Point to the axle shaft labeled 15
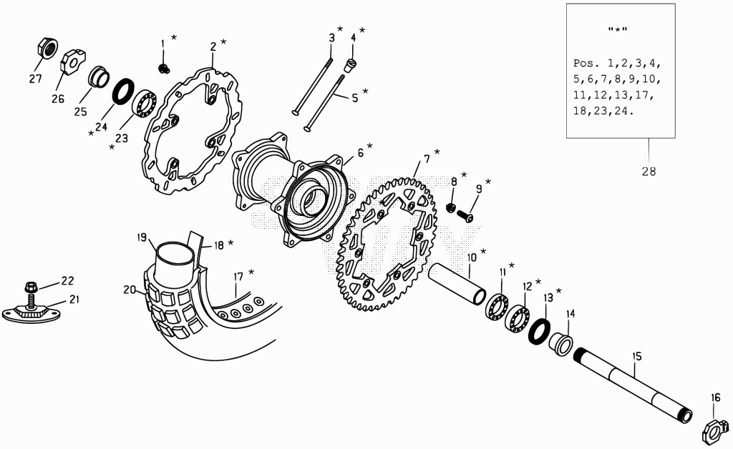(x=633, y=385)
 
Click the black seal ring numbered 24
(x=123, y=92)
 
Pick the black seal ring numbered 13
(x=539, y=331)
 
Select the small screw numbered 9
(x=465, y=216)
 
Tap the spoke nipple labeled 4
(x=351, y=65)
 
